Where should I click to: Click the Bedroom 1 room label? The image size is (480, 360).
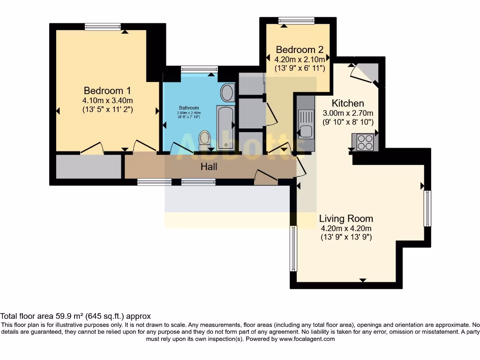(107, 90)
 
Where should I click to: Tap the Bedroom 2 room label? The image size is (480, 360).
(299, 50)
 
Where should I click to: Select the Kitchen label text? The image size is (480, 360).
(348, 103)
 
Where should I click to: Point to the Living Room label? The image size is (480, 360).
(346, 218)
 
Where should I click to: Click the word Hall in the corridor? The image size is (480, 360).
(209, 166)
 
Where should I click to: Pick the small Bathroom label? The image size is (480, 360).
(188, 108)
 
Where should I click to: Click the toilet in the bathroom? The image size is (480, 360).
(204, 139)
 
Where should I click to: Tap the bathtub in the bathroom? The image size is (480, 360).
(225, 127)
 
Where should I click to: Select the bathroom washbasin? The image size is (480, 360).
(227, 93)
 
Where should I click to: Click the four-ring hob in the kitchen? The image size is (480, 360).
(365, 142)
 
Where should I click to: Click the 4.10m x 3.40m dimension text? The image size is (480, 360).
(107, 100)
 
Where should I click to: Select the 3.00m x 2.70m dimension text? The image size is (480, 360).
(348, 113)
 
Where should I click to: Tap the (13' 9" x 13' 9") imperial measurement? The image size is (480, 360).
(346, 237)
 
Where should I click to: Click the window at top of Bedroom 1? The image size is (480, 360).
(103, 27)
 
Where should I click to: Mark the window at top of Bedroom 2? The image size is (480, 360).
(296, 21)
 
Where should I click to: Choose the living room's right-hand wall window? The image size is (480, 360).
(427, 208)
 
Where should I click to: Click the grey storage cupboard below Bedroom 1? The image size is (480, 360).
(89, 167)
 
